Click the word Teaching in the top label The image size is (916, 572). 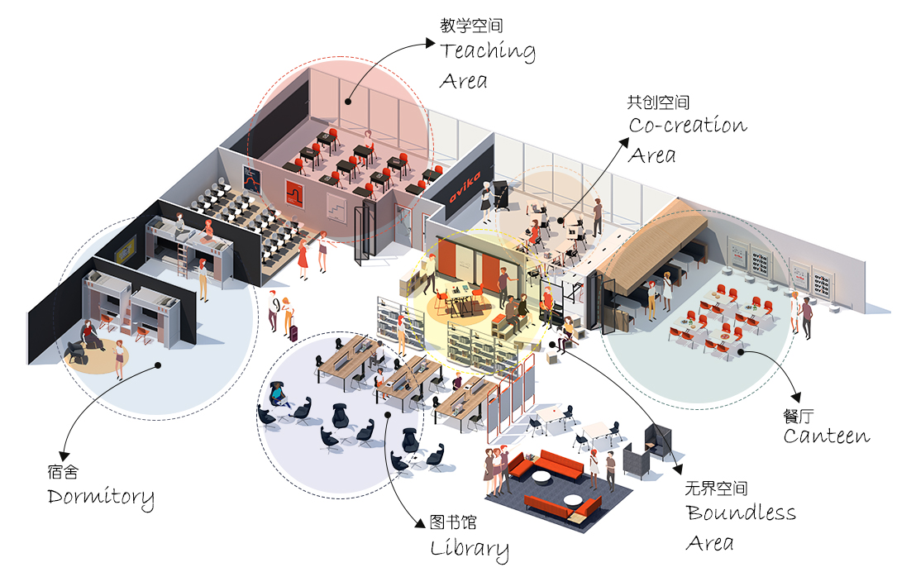(488, 51)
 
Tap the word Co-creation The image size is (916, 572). (688, 125)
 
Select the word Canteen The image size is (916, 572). (826, 436)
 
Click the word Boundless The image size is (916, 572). (741, 512)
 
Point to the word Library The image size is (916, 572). (470, 549)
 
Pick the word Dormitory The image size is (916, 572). (101, 498)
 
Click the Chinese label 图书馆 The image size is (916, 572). (453, 522)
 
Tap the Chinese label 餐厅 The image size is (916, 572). (799, 416)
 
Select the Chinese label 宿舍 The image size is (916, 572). (63, 471)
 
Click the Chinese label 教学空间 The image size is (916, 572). (471, 25)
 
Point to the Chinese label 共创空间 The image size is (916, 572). (658, 102)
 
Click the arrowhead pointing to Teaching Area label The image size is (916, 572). (431, 43)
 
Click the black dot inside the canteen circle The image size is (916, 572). (742, 352)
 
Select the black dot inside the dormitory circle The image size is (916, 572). (158, 365)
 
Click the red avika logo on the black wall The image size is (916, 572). (465, 186)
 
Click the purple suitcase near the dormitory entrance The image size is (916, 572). (293, 332)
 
